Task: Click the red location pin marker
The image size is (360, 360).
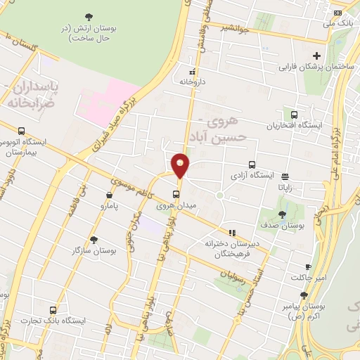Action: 181,165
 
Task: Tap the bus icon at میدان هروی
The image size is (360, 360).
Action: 176,195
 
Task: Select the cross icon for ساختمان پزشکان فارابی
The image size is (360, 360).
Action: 316,56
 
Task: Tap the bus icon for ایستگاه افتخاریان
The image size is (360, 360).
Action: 293,114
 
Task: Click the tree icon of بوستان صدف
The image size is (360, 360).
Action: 282,215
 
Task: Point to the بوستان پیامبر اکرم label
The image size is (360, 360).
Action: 319,313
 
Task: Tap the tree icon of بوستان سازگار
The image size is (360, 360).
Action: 94,240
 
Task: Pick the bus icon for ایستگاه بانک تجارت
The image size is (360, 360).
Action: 53,309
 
